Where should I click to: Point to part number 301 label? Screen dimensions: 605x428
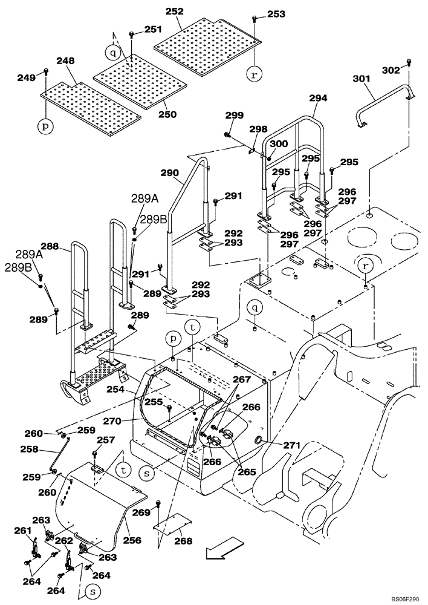[361, 79]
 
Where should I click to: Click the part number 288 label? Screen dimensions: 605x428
[50, 246]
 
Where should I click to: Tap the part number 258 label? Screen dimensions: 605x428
[29, 450]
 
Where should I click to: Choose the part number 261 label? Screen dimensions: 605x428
[22, 531]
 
